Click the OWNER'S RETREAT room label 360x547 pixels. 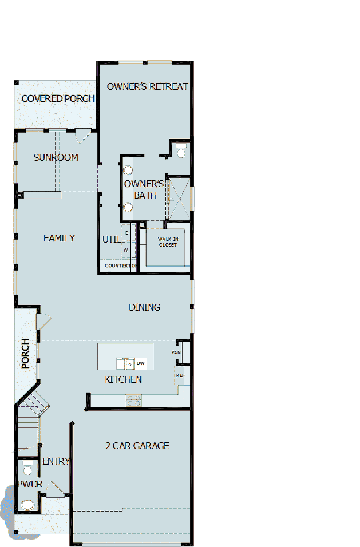(x=147, y=86)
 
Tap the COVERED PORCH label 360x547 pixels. (x=58, y=98)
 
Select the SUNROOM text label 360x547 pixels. (x=56, y=157)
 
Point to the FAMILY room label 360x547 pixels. (x=59, y=238)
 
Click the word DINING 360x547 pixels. (x=144, y=307)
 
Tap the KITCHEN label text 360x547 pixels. (x=123, y=379)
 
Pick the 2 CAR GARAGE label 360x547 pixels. (x=137, y=446)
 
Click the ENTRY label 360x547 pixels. (x=56, y=461)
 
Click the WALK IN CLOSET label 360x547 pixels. (x=168, y=242)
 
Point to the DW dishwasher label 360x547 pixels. (x=140, y=363)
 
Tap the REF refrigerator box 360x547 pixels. (x=180, y=375)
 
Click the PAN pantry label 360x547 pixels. (x=176, y=352)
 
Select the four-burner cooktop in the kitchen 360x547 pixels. (x=134, y=401)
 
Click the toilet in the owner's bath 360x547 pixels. (x=181, y=152)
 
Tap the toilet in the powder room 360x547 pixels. (x=27, y=470)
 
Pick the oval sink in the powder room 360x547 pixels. (x=27, y=505)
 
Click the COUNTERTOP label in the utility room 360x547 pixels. (x=120, y=266)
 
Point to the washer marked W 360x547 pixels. (x=126, y=250)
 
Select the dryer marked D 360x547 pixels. (x=126, y=233)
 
